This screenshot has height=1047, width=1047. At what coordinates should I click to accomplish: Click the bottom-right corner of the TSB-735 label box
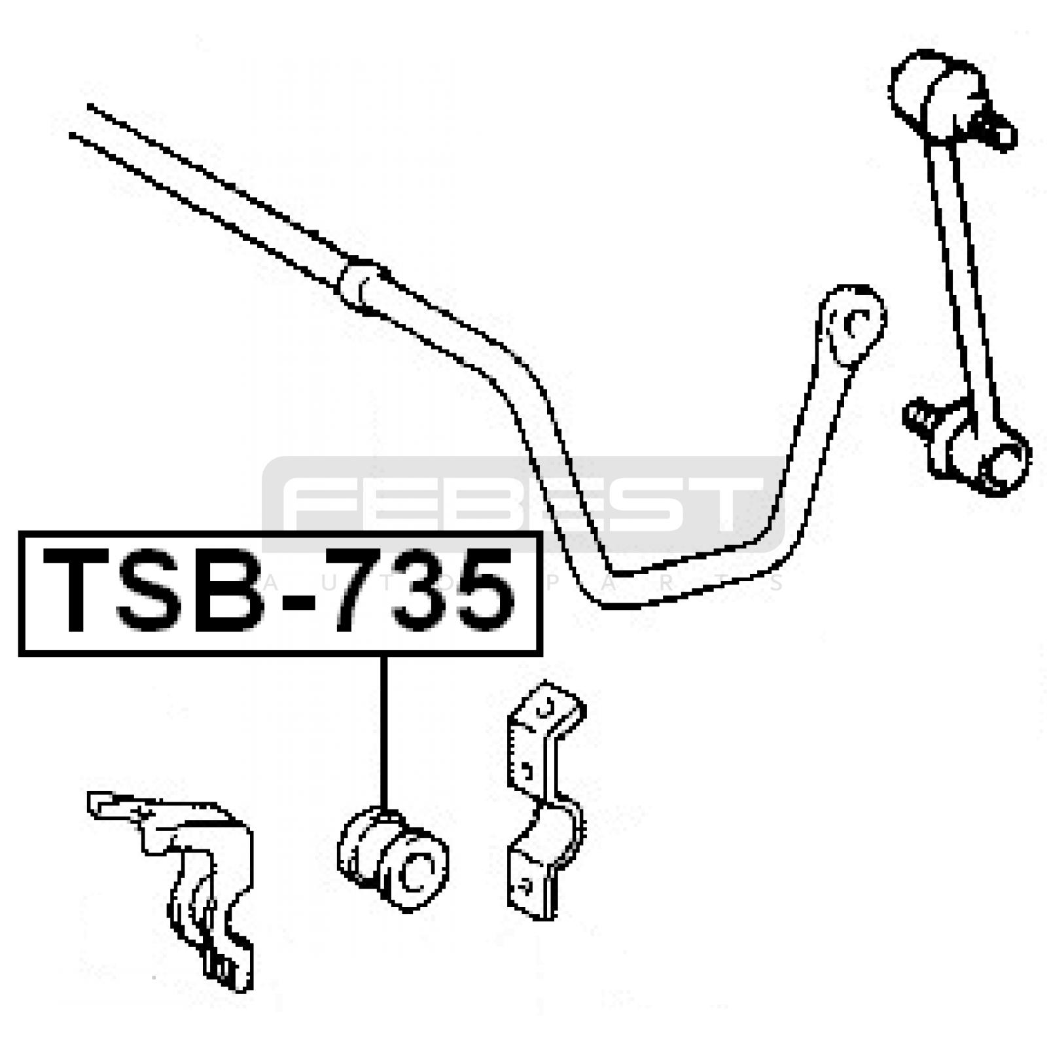tap(541, 654)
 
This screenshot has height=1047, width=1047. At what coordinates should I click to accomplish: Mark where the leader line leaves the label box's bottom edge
tap(383, 654)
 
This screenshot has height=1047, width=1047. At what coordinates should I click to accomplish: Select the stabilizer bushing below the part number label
tap(393, 858)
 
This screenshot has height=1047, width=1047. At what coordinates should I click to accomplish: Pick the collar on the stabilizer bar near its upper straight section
tap(362, 287)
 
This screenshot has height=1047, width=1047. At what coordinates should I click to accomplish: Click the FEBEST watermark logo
tap(523, 504)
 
